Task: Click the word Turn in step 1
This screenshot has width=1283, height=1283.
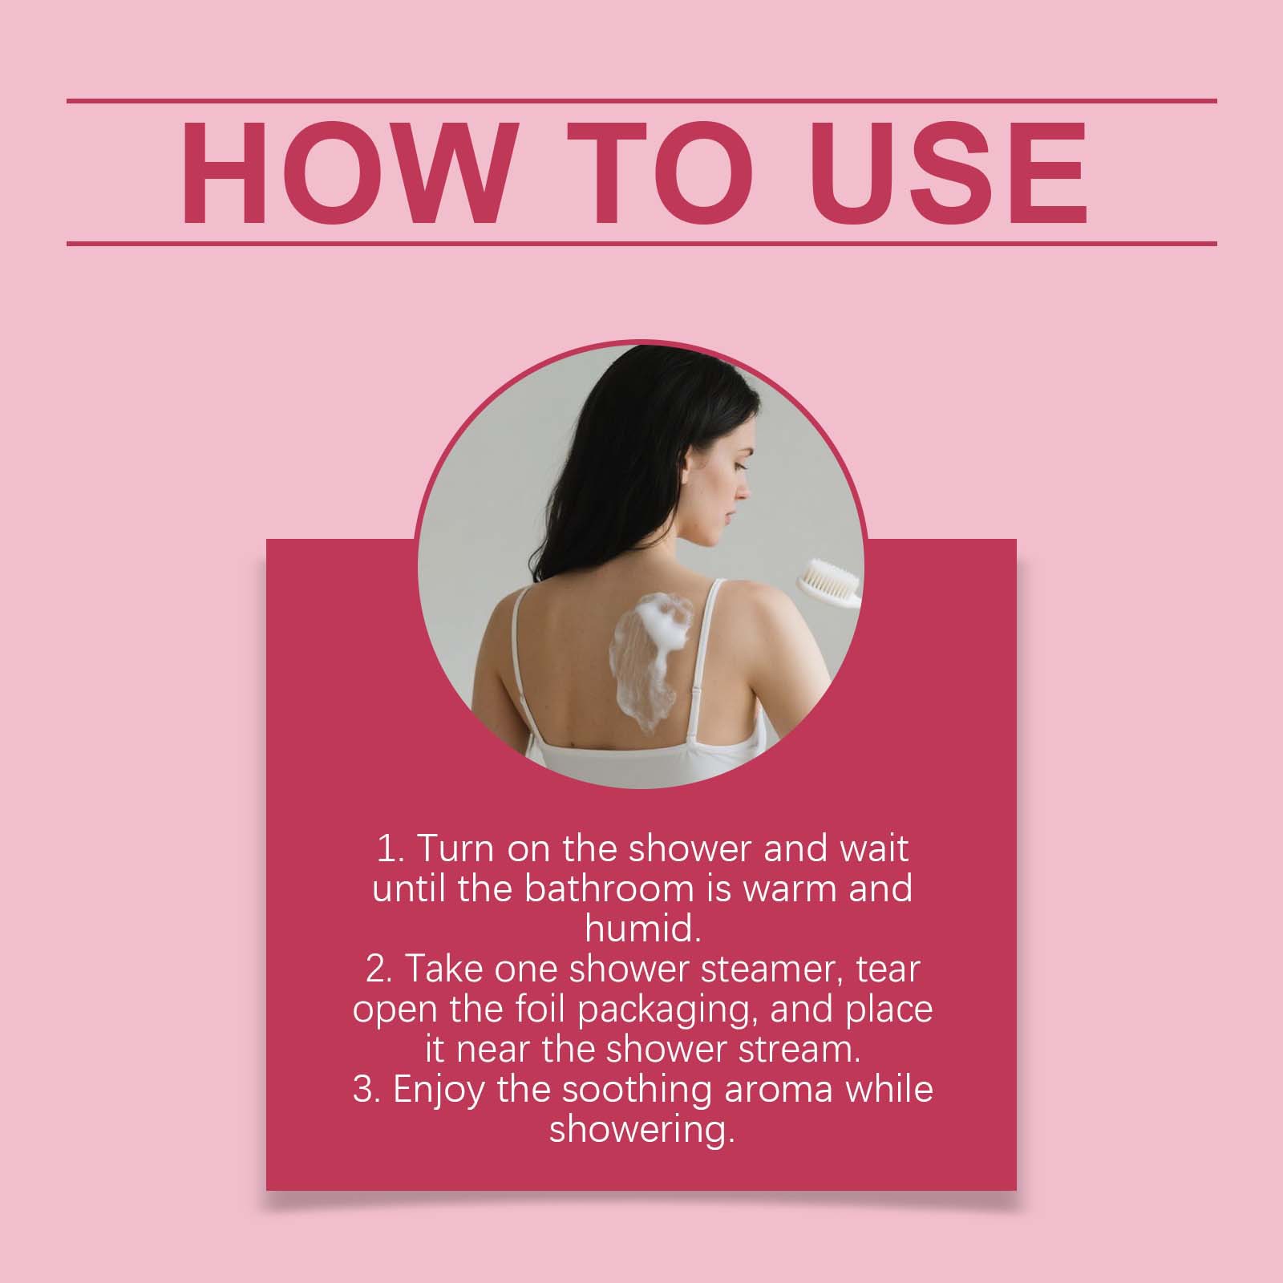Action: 451,849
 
